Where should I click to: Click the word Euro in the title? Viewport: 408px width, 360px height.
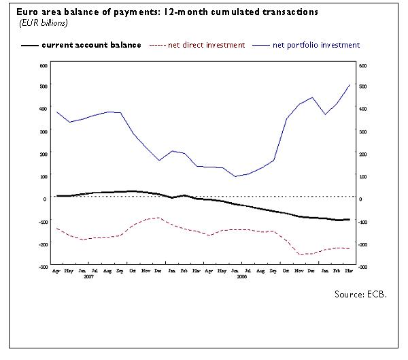18,12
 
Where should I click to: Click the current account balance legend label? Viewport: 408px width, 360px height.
91,45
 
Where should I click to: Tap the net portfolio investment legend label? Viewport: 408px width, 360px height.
316,45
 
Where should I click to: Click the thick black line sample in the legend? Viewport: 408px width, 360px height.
29,45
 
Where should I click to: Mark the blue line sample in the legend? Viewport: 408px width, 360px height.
260,45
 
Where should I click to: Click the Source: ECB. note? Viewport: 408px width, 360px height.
360,294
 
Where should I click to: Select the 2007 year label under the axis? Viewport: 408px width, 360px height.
88,277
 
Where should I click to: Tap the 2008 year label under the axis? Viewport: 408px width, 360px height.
242,277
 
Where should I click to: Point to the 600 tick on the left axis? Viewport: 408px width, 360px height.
42,65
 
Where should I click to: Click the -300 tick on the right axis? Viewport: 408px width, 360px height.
363,267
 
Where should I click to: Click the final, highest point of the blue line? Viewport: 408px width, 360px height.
350,84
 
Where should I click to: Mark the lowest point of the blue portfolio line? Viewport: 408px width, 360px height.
235,176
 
